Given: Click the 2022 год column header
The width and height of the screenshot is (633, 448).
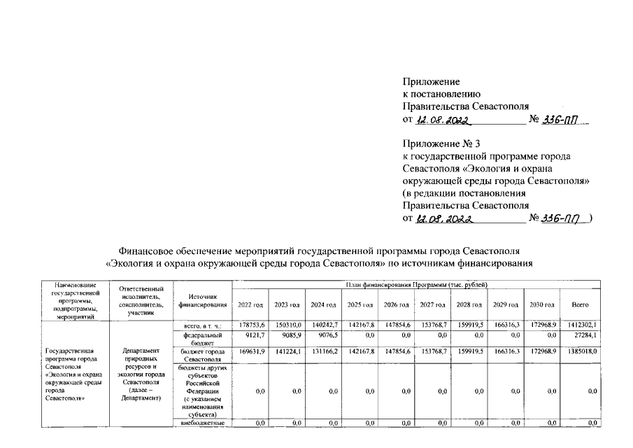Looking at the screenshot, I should [250, 305].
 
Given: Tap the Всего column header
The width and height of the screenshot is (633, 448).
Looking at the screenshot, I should [580, 305].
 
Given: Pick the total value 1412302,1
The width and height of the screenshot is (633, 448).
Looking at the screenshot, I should [583, 325].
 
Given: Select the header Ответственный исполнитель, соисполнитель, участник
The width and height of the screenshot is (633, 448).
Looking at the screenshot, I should [142, 301].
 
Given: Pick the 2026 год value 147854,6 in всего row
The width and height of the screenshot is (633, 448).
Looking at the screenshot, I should [397, 325].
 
